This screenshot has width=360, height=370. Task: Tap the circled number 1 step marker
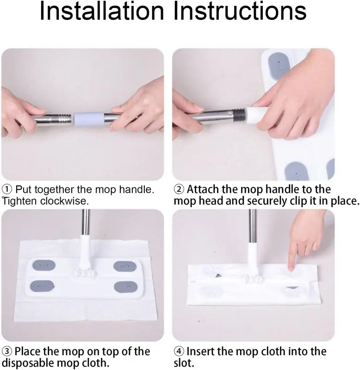[x=7, y=190]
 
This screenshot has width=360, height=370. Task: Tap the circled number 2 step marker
[x=179, y=190]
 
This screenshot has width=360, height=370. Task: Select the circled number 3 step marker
[x=7, y=352]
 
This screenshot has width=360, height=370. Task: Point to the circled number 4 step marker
[x=179, y=352]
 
